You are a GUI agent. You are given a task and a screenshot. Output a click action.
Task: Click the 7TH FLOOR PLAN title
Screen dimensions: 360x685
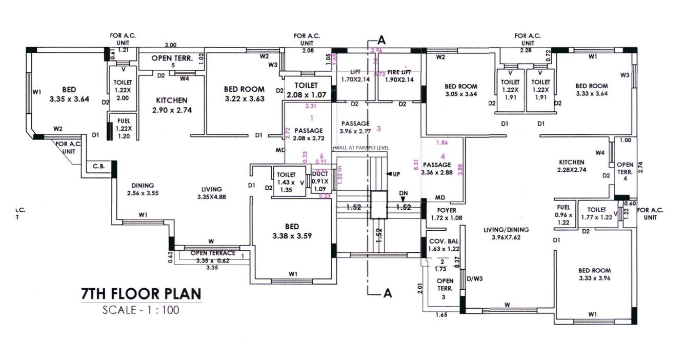pyautogui.click(x=141, y=294)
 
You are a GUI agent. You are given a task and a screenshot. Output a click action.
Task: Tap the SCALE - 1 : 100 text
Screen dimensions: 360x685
pyautogui.click(x=141, y=310)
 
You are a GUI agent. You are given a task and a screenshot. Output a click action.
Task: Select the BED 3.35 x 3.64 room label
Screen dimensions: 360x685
pyautogui.click(x=69, y=94)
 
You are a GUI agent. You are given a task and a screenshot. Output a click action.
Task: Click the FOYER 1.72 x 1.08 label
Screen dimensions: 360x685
pyautogui.click(x=447, y=214)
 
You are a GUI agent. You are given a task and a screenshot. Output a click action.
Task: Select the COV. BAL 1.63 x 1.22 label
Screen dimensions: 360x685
pyautogui.click(x=444, y=245)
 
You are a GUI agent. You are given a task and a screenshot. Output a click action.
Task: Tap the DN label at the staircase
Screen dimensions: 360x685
pyautogui.click(x=403, y=192)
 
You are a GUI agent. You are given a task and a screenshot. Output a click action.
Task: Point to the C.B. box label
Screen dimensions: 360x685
pyautogui.click(x=98, y=167)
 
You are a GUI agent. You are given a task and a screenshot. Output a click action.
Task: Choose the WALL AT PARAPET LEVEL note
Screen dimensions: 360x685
pyautogui.click(x=361, y=148)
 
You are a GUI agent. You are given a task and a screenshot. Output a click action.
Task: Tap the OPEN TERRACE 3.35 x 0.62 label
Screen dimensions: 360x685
pyautogui.click(x=212, y=256)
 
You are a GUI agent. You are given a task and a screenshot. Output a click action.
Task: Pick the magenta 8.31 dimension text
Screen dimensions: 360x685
pyautogui.click(x=416, y=164)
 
